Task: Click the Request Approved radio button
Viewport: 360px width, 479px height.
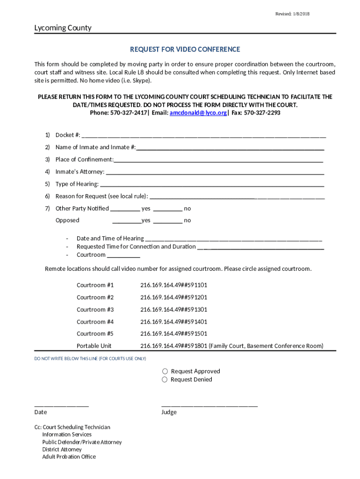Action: pos(165,371)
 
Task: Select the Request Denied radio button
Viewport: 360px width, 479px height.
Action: pos(165,380)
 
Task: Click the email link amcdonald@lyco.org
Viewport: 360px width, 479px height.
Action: pos(198,113)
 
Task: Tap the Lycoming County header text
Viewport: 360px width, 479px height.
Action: pos(63,28)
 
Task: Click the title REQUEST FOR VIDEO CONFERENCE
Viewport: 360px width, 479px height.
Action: pos(185,50)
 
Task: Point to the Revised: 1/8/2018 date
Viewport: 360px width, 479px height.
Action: pos(292,14)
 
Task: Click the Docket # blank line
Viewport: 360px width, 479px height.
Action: pos(203,136)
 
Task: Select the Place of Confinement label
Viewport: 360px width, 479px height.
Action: pos(84,160)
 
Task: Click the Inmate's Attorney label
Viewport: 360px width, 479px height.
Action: pos(79,172)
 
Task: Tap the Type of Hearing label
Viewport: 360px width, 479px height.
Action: pos(77,184)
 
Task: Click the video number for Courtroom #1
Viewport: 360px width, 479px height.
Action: pos(173,285)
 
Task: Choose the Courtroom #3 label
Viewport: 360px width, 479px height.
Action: pos(95,310)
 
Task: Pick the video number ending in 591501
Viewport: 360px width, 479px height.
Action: pos(173,334)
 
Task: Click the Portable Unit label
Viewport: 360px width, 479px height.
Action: pos(94,346)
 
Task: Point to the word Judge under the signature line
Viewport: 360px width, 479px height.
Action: pos(169,412)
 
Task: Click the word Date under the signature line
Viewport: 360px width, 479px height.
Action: pos(41,412)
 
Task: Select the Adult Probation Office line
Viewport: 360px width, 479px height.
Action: pos(69,457)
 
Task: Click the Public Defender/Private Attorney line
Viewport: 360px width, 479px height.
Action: pos(82,442)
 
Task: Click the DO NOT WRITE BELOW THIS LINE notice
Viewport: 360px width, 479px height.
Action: pos(90,359)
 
